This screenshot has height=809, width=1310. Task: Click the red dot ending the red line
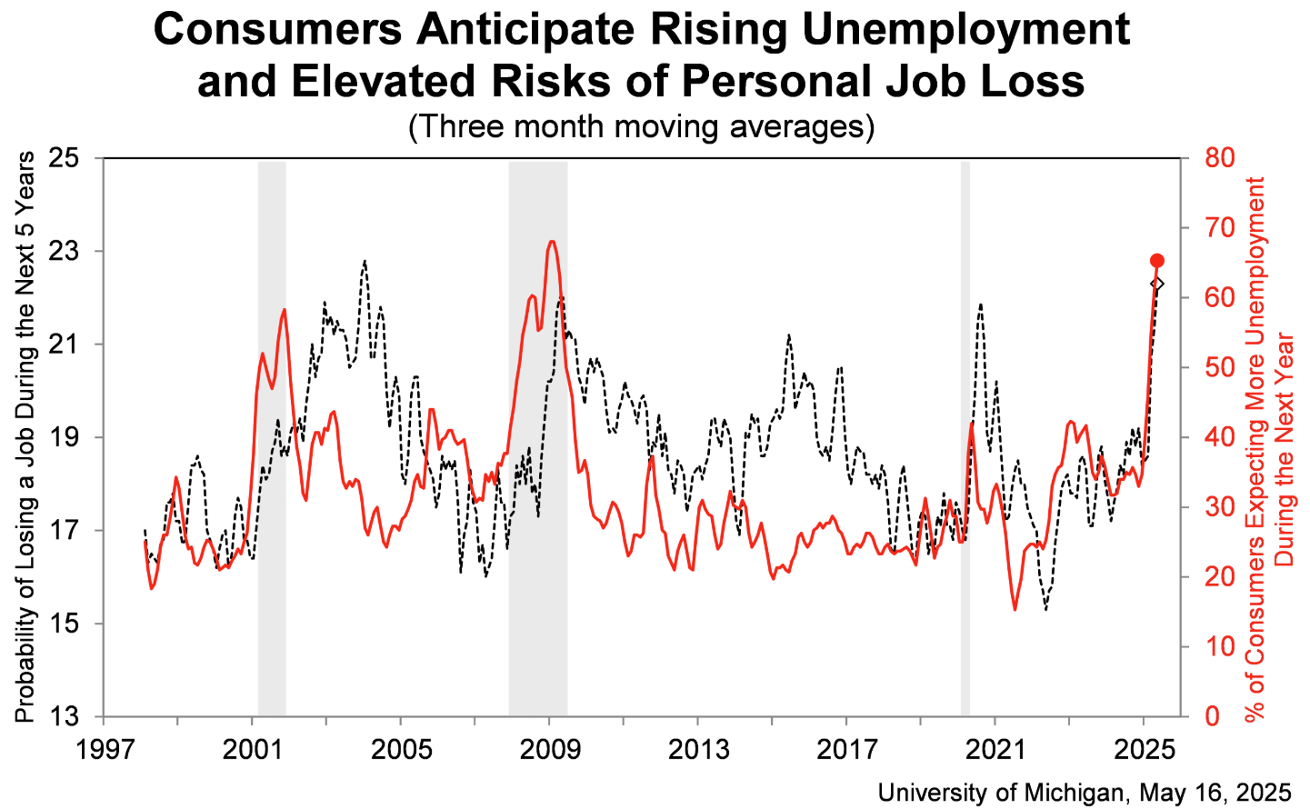(x=1157, y=261)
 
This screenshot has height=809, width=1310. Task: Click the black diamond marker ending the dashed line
(x=1157, y=284)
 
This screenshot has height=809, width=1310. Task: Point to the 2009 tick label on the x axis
(x=549, y=749)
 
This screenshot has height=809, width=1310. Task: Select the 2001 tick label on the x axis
(x=252, y=749)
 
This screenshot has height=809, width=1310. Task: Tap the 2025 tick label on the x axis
(x=1144, y=749)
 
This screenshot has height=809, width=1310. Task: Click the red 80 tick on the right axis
(x=1220, y=158)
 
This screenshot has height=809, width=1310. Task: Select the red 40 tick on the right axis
(x=1220, y=437)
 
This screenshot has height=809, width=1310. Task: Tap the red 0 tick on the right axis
(x=1212, y=716)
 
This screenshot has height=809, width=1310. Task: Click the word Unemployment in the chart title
(x=955, y=29)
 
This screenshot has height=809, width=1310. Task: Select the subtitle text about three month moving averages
(x=641, y=125)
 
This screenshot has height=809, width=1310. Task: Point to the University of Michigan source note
(x=1084, y=792)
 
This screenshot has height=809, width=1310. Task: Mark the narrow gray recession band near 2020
(x=965, y=436)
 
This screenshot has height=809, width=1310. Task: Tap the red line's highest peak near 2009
(x=552, y=242)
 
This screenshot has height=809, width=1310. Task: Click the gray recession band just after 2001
(x=272, y=436)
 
